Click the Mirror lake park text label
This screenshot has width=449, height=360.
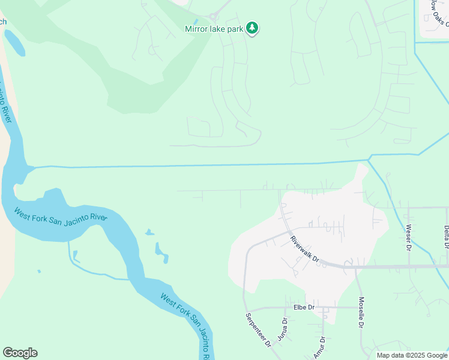(215, 28)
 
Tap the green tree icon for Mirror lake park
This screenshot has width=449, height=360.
(253, 28)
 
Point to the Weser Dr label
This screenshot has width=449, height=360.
(408, 237)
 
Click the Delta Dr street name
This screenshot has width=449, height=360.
(446, 236)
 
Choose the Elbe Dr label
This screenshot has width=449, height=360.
(304, 307)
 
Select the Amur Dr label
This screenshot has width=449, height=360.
(319, 347)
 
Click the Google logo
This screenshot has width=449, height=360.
(20, 353)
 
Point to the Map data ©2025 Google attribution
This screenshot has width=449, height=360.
(412, 355)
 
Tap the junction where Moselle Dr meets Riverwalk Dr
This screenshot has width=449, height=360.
(355, 266)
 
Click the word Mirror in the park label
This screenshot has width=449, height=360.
(197, 28)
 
